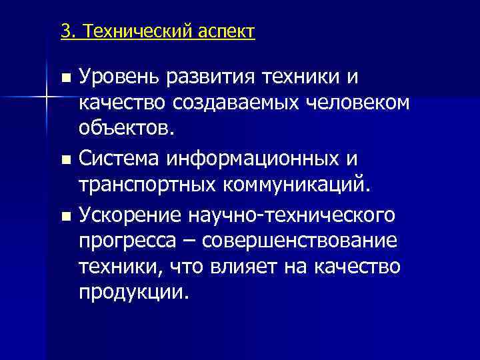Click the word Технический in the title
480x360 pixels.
(138, 31)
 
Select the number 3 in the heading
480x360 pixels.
(65, 31)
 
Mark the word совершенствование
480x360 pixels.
(304, 240)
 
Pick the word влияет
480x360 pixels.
(245, 265)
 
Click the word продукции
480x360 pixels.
(133, 291)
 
